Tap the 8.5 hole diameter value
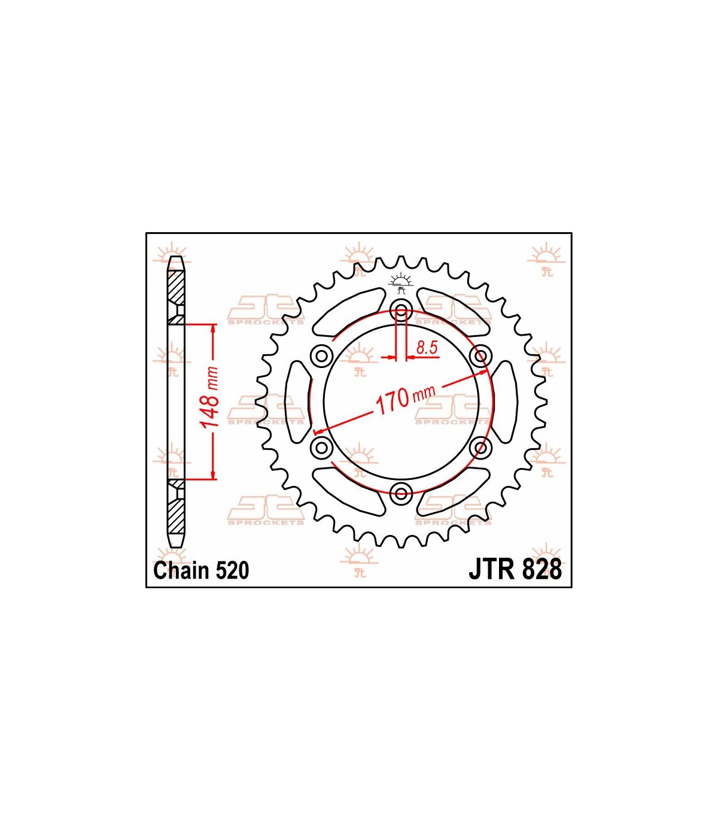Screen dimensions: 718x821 click(427, 348)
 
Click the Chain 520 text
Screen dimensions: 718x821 click(201, 570)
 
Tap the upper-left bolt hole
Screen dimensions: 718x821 click(321, 355)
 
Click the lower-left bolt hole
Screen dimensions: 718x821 click(321, 447)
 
